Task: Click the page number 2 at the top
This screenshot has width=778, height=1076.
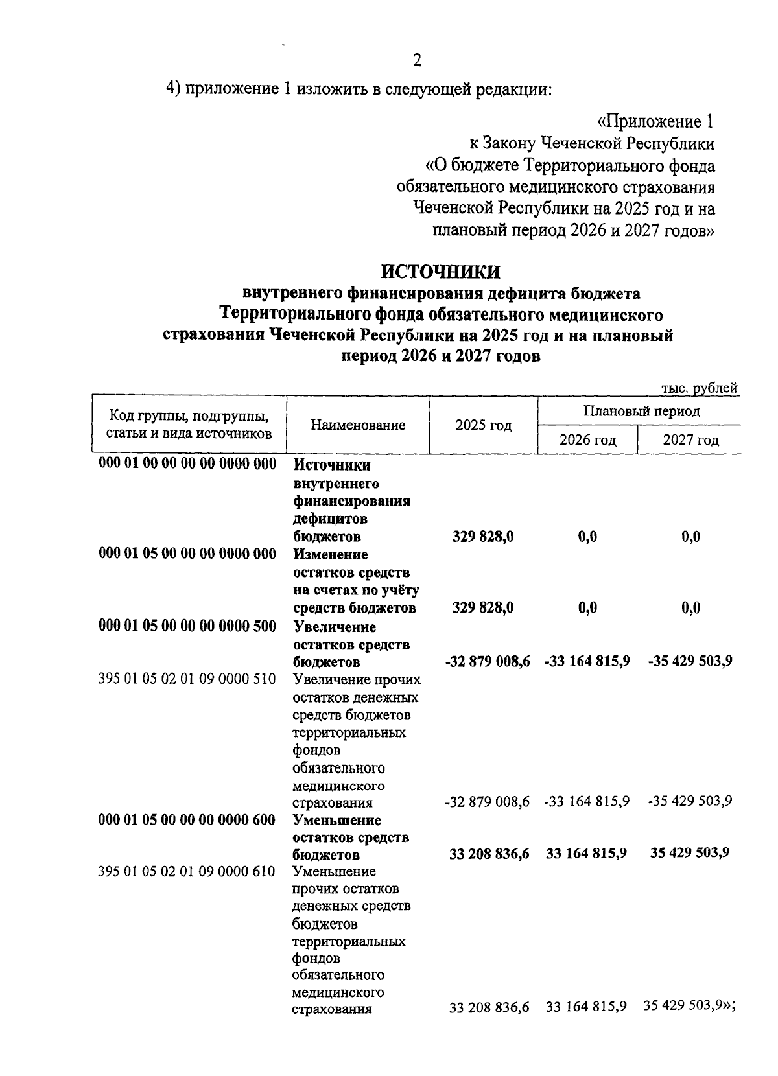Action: [x=417, y=60]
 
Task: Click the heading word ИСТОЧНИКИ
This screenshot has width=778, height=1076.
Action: [x=440, y=271]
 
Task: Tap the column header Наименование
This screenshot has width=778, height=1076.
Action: [x=358, y=425]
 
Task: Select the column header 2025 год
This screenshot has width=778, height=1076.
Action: [x=483, y=425]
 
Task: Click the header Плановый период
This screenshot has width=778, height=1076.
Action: [x=641, y=411]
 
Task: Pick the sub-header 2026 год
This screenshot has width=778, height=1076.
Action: [x=587, y=440]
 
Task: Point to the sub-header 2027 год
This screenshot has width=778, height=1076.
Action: [x=690, y=440]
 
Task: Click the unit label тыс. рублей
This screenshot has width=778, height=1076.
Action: [x=699, y=388]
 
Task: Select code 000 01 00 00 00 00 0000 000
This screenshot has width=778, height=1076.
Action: [x=187, y=464]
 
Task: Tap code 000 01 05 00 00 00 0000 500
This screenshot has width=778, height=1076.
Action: [x=187, y=626]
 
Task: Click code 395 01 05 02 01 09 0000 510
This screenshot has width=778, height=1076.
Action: [x=187, y=679]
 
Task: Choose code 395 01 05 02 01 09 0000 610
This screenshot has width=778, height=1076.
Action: [x=187, y=871]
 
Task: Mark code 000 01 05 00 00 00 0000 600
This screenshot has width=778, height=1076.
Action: [x=187, y=819]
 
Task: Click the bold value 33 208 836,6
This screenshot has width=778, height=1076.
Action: [x=489, y=854]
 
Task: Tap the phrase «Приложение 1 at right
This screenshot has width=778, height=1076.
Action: [x=655, y=121]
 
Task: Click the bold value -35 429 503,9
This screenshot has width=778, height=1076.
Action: [x=690, y=661]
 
